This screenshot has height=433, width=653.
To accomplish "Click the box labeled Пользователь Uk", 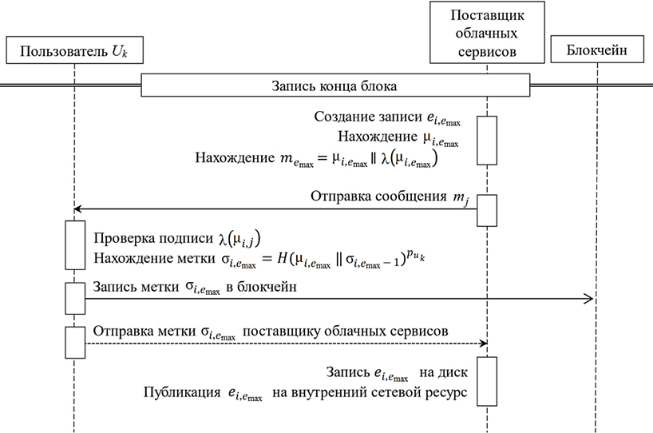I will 73,52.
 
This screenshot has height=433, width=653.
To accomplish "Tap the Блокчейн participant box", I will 596,52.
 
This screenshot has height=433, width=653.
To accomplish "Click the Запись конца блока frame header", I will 334,85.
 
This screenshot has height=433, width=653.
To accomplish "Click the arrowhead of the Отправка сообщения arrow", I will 77,209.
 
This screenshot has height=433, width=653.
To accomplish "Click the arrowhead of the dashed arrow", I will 483,344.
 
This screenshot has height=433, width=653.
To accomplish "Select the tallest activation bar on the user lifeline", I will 74,244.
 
